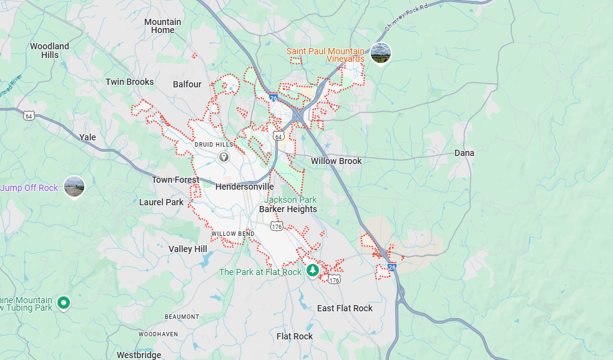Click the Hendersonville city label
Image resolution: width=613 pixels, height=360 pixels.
coord(244,187)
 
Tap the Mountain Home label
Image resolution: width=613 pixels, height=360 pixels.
coord(162,26)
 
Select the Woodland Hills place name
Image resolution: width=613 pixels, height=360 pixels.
coord(49,50)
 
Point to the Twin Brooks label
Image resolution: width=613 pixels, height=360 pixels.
coord(130,82)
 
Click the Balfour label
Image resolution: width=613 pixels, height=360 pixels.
coord(187,84)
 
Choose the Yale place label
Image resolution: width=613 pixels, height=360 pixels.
coord(88,137)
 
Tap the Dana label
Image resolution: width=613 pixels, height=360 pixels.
coord(464,153)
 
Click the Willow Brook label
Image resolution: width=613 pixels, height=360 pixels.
coord(336,161)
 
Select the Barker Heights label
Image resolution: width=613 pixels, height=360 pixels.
coord(288,209)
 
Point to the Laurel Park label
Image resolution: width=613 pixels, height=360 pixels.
coord(161,202)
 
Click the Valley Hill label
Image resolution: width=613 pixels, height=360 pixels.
coord(187,249)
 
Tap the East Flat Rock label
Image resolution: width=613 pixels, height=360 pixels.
coord(345,308)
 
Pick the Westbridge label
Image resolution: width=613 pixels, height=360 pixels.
coord(139,355)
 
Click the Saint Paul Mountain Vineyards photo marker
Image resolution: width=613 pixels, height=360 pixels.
coord(380,53)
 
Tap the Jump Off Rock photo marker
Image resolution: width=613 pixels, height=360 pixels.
coord(74,187)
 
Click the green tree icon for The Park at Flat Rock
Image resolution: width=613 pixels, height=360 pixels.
coord(313,271)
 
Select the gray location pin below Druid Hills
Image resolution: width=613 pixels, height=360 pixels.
coord(223,157)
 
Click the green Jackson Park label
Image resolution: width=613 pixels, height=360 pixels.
coord(290,200)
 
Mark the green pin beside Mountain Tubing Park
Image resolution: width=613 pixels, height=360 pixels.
coord(63,303)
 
